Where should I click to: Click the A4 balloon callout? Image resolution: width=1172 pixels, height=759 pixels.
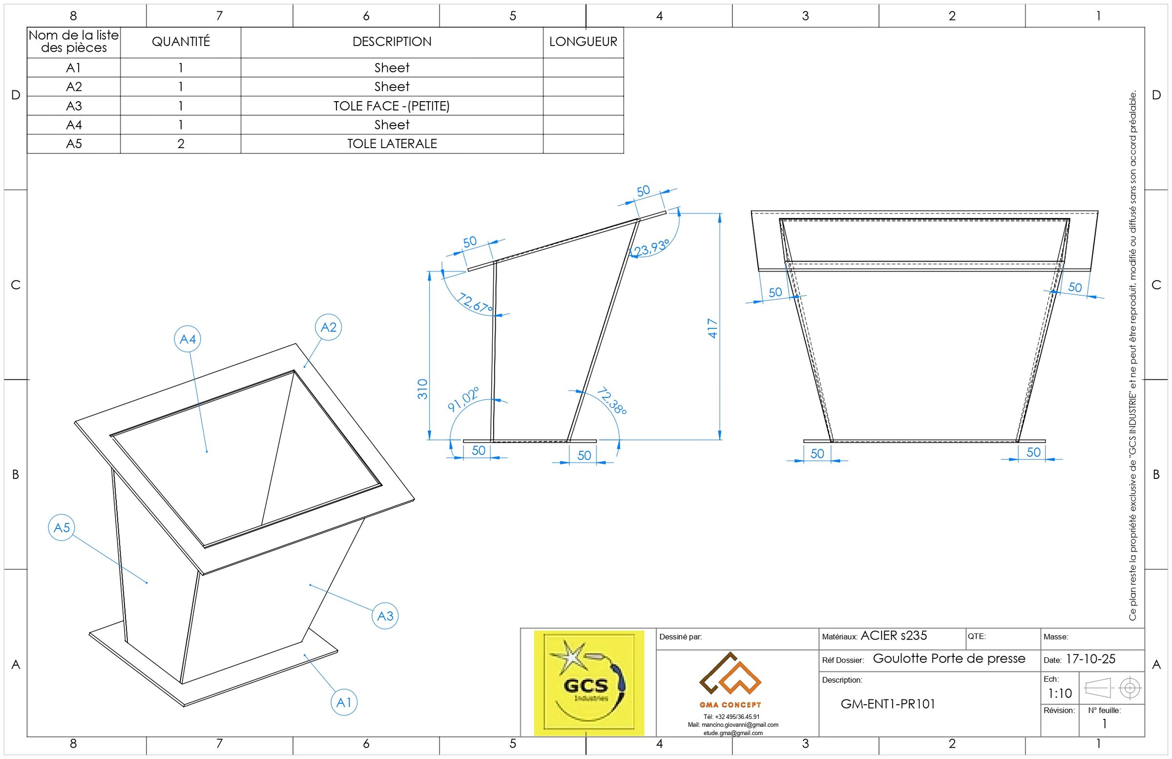(188, 339)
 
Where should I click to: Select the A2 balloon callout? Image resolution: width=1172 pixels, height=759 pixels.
(329, 327)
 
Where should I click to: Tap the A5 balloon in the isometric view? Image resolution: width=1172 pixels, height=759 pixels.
(62, 528)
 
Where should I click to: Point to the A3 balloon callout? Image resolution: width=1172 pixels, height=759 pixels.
(385, 616)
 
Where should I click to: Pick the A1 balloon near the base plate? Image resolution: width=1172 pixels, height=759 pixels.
(343, 702)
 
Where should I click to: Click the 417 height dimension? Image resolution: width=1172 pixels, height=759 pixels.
(712, 328)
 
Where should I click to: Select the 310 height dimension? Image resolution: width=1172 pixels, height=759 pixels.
(422, 389)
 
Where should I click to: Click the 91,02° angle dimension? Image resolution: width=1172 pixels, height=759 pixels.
(463, 399)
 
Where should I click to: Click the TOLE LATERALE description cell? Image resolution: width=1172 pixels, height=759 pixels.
(392, 144)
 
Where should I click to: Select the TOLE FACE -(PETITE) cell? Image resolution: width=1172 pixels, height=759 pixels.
(392, 106)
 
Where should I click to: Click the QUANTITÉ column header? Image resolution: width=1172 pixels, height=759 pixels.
(181, 42)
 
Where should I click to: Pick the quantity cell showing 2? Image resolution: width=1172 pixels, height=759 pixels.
(181, 144)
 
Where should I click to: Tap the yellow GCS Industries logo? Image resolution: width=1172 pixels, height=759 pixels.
(589, 683)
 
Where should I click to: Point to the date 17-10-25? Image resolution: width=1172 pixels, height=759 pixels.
(1091, 659)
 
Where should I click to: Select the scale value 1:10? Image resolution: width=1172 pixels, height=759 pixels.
(1060, 694)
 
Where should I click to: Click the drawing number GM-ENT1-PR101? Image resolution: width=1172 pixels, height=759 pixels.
(887, 704)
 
